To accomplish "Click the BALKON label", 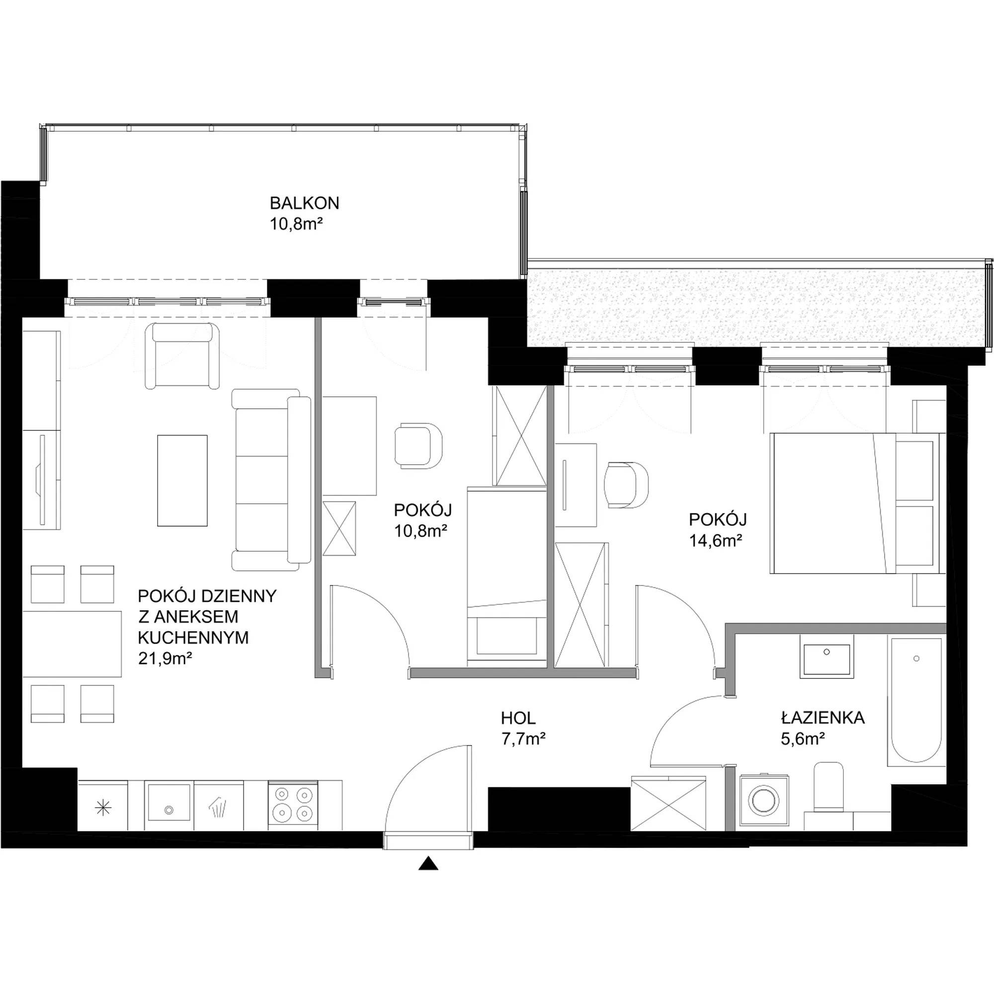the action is pyautogui.click(x=305, y=203).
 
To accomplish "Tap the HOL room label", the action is pyautogui.click(x=518, y=718).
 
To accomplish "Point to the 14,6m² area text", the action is pyautogui.click(x=715, y=540).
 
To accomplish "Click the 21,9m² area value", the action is pyautogui.click(x=165, y=659).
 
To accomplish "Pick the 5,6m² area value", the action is pyautogui.click(x=803, y=739).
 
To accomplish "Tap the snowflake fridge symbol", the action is pyautogui.click(x=104, y=809).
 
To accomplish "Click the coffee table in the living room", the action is pyautogui.click(x=182, y=481).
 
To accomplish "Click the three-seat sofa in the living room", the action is pyautogui.click(x=271, y=480).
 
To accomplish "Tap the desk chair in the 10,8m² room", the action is pyautogui.click(x=419, y=445).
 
